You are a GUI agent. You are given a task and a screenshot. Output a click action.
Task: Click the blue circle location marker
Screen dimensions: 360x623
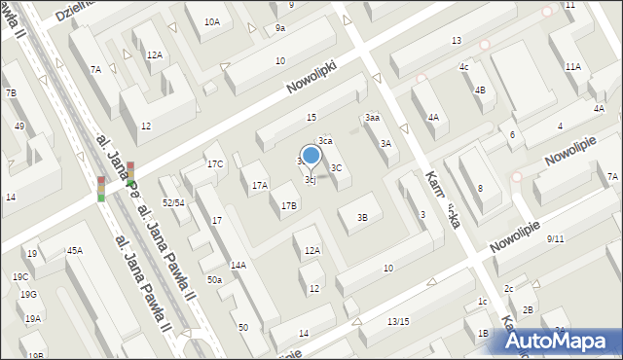[x=311, y=155]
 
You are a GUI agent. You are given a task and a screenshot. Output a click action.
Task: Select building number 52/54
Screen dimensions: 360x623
[x=174, y=202]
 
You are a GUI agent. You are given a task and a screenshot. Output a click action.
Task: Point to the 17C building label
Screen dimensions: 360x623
[x=215, y=163]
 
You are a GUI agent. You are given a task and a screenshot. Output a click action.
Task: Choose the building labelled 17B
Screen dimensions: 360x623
[x=289, y=205]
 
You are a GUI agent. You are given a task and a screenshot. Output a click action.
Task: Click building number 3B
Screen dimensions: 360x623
[x=362, y=217]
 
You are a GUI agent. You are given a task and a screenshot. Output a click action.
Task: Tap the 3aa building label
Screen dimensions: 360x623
[x=372, y=117]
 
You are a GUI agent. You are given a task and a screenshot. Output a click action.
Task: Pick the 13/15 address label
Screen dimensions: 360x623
[x=398, y=321]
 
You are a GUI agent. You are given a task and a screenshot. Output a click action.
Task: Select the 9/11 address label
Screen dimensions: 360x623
[x=556, y=238]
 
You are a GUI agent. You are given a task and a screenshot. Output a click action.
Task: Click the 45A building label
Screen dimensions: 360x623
[x=75, y=251]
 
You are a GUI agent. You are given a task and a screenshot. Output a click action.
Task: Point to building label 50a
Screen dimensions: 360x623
[x=214, y=280]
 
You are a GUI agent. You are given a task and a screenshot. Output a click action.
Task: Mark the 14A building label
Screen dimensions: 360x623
[x=238, y=265]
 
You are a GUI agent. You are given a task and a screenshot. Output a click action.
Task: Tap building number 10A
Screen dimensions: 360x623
[x=211, y=21]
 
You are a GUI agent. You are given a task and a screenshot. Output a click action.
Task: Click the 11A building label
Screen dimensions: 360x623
[x=572, y=67]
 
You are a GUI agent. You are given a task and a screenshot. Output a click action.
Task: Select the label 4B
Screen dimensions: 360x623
[x=479, y=90]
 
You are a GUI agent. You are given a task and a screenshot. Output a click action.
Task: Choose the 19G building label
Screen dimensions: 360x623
[x=28, y=294]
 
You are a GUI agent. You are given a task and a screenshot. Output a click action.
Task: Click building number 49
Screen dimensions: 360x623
[x=19, y=126]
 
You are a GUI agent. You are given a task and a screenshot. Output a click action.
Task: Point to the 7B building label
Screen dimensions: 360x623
[x=11, y=92]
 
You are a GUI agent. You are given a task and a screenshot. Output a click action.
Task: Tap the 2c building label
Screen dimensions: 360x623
[x=508, y=288]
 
